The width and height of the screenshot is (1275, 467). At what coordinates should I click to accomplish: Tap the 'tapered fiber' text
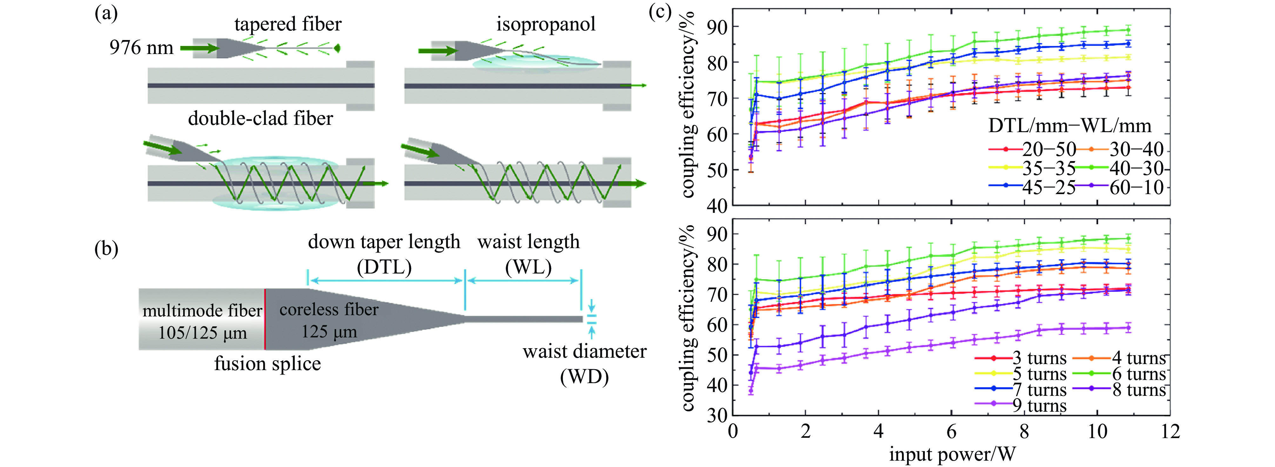pyautogui.click(x=288, y=24)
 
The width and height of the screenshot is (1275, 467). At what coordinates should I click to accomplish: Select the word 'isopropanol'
pyautogui.click(x=546, y=24)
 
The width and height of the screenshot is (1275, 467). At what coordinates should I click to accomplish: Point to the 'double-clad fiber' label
pyautogui.click(x=260, y=118)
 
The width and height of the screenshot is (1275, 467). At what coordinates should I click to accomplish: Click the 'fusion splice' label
pyautogui.click(x=267, y=363)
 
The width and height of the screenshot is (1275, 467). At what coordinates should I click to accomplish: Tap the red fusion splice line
pyautogui.click(x=265, y=319)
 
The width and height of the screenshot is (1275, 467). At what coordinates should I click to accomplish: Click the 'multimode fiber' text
pyautogui.click(x=202, y=310)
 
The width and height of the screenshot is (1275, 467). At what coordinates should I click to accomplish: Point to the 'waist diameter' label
pyautogui.click(x=584, y=351)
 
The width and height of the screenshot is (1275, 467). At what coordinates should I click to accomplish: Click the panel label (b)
pyautogui.click(x=106, y=249)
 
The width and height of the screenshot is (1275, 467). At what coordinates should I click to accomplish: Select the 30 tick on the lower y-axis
pyautogui.click(x=717, y=415)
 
